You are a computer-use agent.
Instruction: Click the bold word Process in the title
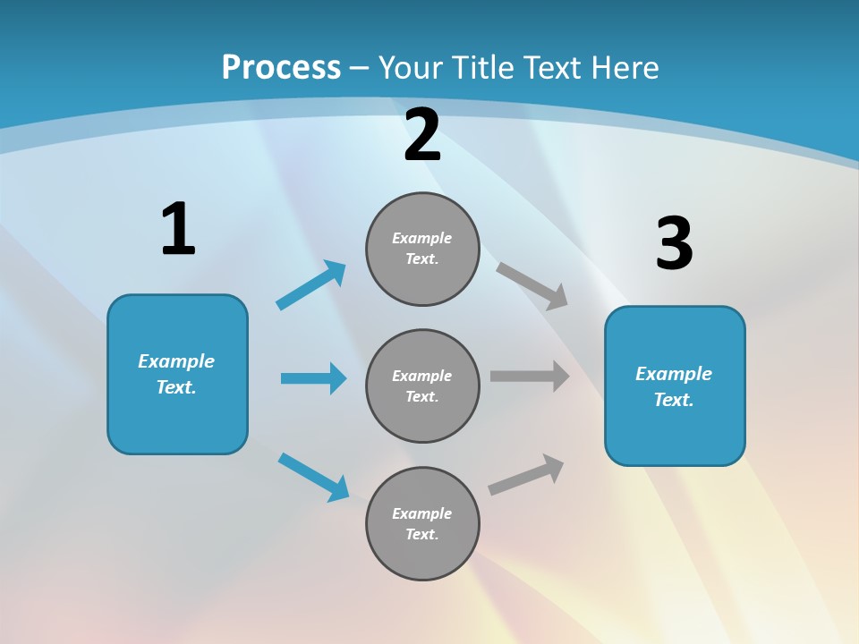281,67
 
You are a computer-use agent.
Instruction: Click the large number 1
178,230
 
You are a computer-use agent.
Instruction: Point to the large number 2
422,136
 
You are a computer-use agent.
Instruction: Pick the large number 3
674,244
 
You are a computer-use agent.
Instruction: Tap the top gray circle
422,249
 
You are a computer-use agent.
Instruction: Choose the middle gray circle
422,386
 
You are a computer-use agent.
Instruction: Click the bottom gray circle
422,524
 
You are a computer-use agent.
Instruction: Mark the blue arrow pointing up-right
311,285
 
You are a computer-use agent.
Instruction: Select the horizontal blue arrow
313,378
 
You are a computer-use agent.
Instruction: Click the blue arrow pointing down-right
314,477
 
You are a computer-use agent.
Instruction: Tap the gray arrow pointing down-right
532,285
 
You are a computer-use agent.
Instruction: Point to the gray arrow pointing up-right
526,475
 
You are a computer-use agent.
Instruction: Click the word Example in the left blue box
176,361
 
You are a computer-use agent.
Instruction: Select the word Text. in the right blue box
674,400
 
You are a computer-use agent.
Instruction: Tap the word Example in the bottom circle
422,513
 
